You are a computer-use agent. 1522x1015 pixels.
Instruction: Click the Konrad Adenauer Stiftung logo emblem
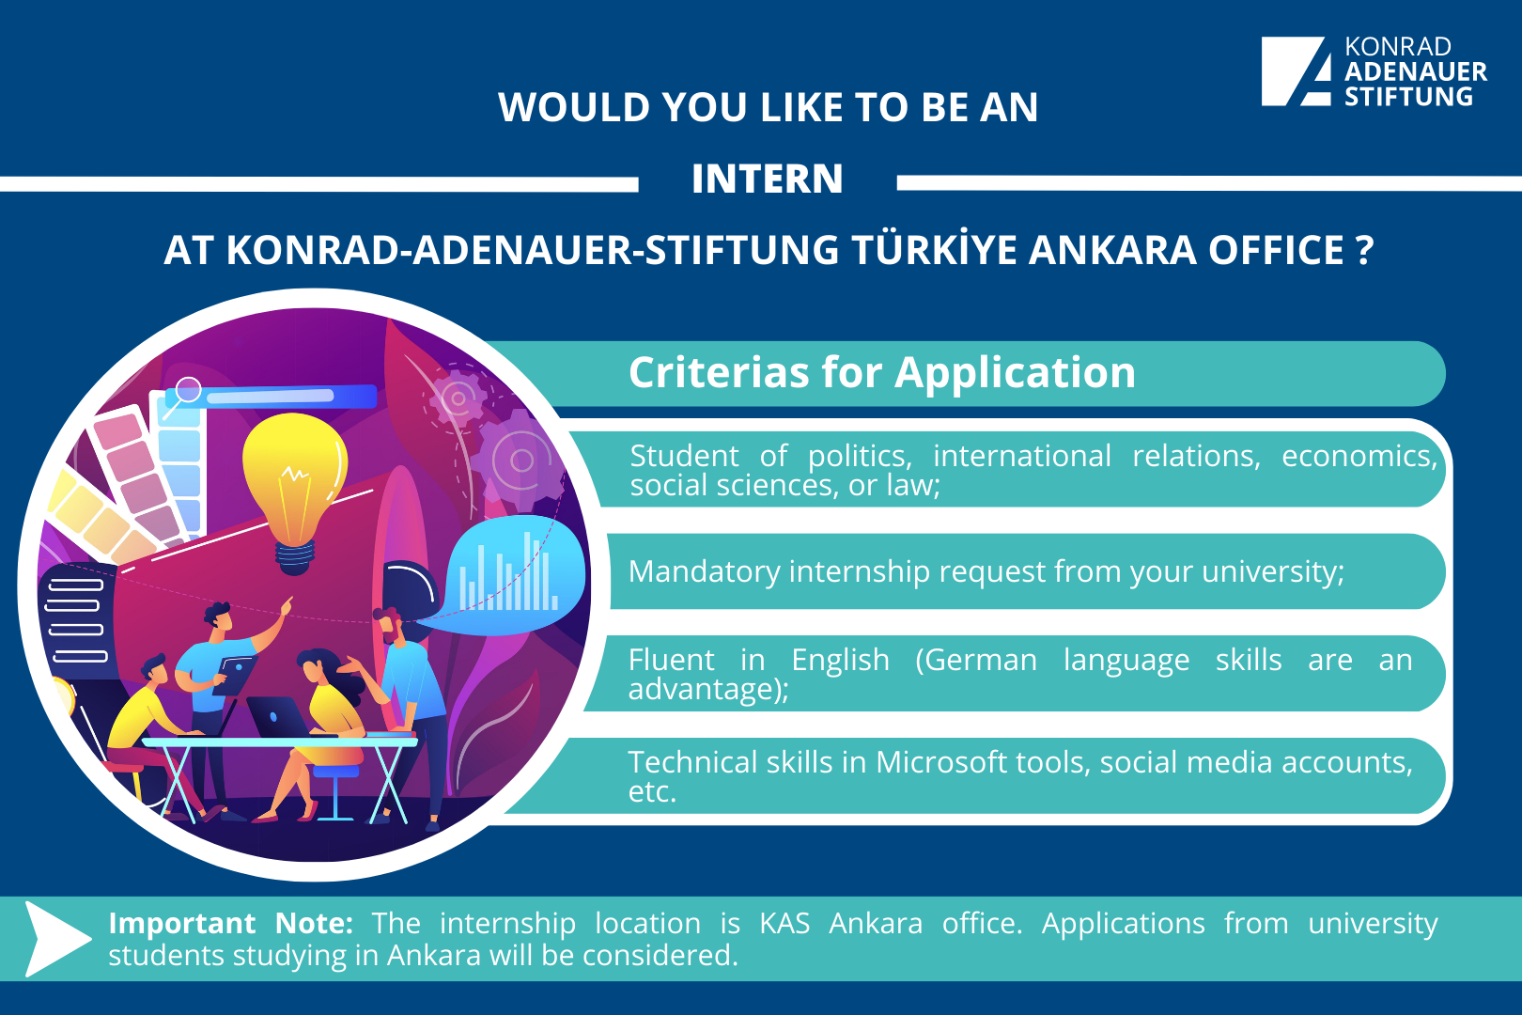(x=1296, y=71)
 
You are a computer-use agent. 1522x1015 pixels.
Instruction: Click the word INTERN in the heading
(x=768, y=179)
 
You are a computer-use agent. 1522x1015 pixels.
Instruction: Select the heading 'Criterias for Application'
(x=882, y=372)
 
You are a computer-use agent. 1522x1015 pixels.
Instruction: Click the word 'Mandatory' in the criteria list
(x=704, y=572)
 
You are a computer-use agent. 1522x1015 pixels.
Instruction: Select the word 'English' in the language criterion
(x=841, y=661)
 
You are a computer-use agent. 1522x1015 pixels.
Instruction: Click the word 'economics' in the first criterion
(x=1359, y=457)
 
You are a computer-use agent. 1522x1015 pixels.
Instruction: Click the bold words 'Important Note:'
(x=231, y=923)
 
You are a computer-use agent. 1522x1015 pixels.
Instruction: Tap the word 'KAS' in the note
(x=784, y=923)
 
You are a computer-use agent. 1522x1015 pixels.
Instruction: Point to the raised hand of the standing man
(x=286, y=605)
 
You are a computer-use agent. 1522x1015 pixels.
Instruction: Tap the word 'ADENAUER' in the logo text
(x=1416, y=71)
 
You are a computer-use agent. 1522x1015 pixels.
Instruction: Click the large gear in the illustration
(x=520, y=459)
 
